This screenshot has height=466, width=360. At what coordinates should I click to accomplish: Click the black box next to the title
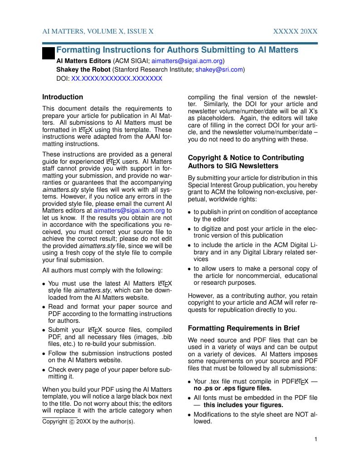[48, 53]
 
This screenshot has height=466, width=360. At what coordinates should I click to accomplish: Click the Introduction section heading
[63, 97]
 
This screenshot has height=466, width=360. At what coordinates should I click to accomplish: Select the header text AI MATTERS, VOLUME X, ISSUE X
[98, 31]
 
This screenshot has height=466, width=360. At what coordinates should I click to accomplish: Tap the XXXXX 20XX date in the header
[295, 31]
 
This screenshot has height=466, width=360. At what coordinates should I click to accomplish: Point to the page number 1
[316, 439]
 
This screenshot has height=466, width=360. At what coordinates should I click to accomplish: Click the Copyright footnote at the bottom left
[88, 422]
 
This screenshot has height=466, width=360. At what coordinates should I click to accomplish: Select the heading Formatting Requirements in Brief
[243, 328]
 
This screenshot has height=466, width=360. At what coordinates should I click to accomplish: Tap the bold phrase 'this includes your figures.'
[243, 405]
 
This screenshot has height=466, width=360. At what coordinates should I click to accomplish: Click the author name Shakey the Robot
[83, 70]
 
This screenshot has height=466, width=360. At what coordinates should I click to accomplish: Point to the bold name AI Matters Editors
[83, 61]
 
